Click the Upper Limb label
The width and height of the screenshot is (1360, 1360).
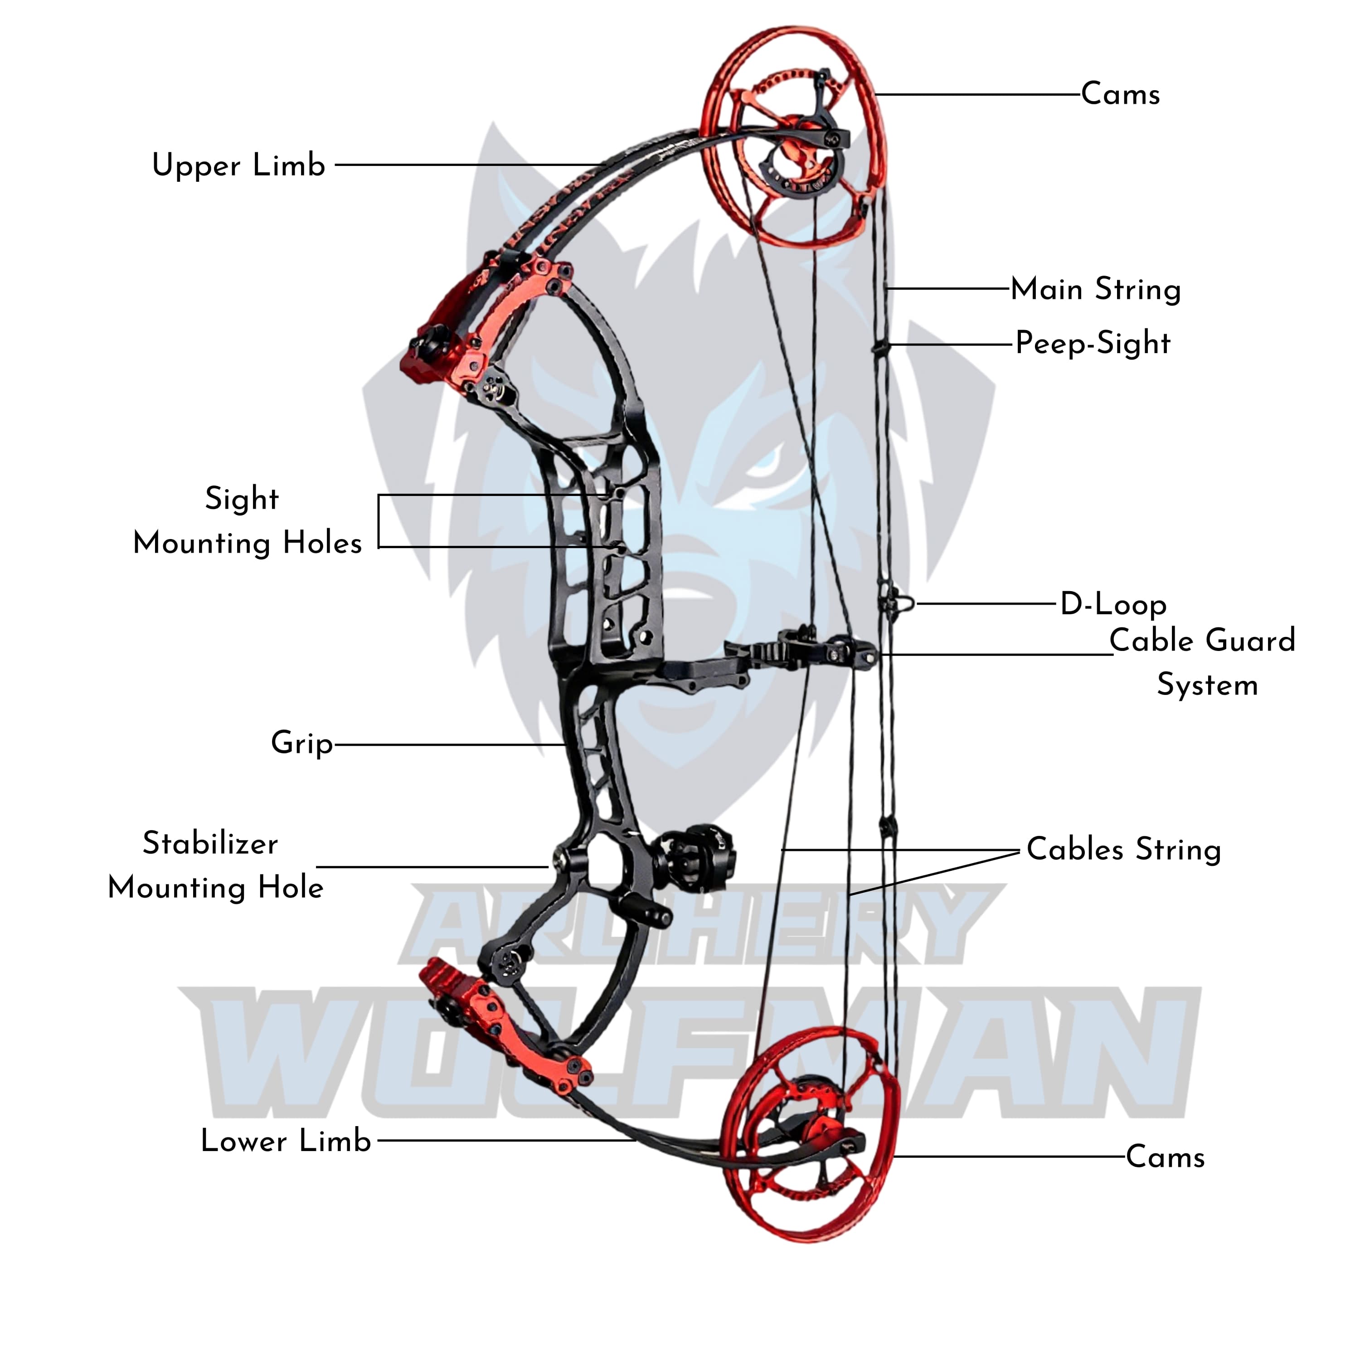(x=238, y=165)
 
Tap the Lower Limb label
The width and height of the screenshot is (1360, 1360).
(x=286, y=1141)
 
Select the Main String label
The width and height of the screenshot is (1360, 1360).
(x=1095, y=289)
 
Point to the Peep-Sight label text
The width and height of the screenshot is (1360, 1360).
(x=1093, y=344)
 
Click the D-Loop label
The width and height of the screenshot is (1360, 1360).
(x=1113, y=604)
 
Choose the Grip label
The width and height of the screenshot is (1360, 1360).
(x=302, y=743)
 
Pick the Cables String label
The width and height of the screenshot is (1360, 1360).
(x=1123, y=849)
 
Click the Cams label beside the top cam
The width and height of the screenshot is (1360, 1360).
(x=1120, y=94)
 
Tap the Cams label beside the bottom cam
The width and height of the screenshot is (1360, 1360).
(x=1165, y=1156)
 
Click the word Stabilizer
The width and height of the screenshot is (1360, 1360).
(x=210, y=843)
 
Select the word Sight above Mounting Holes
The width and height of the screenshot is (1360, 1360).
(x=242, y=499)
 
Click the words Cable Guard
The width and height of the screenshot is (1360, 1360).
(x=1202, y=641)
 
